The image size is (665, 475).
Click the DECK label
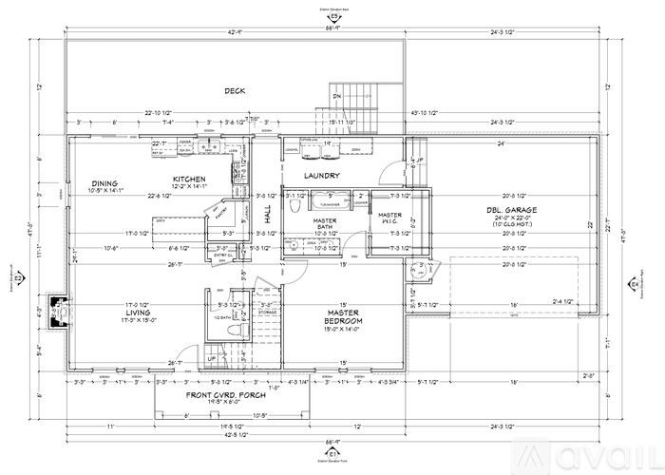pos(235,91)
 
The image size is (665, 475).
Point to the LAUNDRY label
pos(322,177)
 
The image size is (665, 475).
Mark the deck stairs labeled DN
pos(358,99)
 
